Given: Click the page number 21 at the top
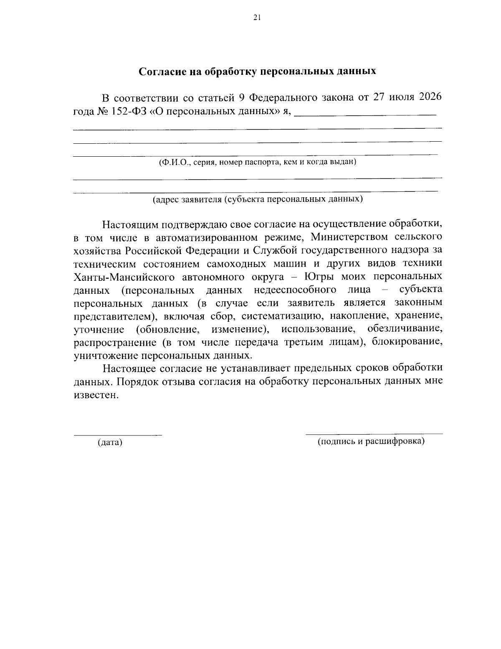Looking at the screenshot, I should (x=257, y=17).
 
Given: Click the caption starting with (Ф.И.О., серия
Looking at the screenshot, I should (x=257, y=162).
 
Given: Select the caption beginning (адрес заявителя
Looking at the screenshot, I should (x=257, y=199).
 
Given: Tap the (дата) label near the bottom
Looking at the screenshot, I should (x=110, y=442).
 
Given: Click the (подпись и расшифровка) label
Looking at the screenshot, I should (x=371, y=441).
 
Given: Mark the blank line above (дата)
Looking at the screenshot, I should (x=118, y=435).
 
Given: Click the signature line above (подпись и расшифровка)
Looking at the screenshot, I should (x=374, y=434).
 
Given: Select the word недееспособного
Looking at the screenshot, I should (x=295, y=290).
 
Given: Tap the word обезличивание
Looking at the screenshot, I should (x=405, y=329).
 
